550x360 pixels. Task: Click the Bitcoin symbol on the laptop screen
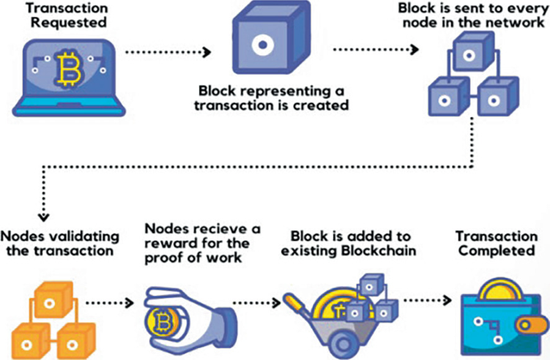coord(67,72)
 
